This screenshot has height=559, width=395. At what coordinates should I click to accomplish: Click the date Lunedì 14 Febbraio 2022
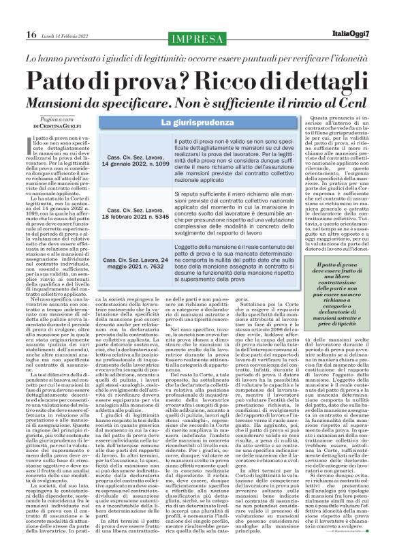click(x=65, y=35)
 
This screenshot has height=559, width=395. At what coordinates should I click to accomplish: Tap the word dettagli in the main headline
click(x=321, y=81)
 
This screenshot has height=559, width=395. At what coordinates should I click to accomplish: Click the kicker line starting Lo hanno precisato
click(x=197, y=59)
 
